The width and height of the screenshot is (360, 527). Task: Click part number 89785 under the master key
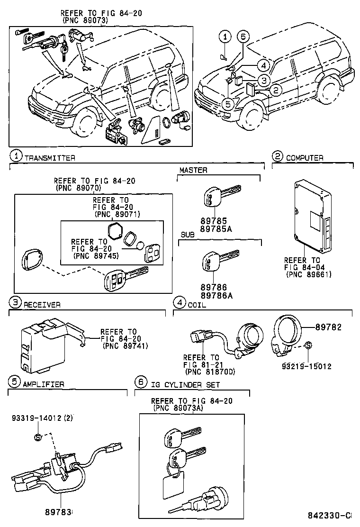213,220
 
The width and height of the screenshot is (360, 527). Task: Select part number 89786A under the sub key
215,294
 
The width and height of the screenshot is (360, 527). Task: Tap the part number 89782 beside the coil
330,327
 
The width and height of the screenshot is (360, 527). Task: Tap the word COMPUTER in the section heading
305,158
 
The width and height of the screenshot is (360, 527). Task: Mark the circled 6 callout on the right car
243,36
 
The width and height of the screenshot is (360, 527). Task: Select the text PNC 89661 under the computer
308,274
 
